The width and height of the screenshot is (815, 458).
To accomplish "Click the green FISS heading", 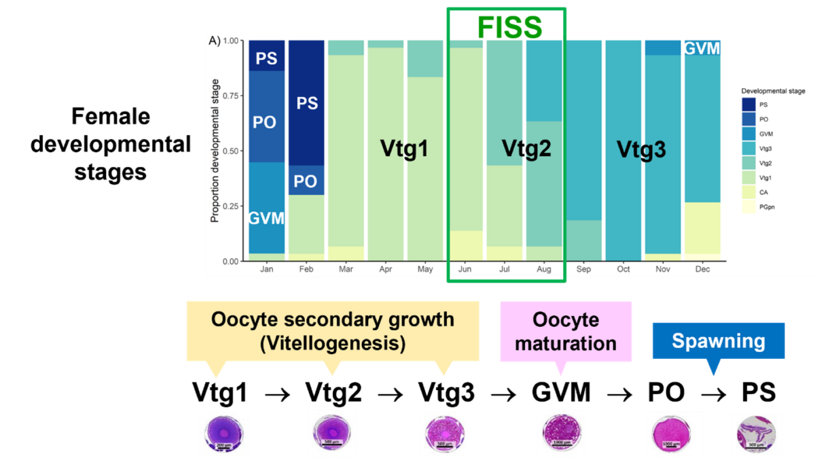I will point(509,26).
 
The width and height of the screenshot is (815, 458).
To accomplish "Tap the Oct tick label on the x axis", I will point(623,269).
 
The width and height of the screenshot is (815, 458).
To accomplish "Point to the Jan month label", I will point(266,269).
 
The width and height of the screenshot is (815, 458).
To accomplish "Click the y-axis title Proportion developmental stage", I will point(215,151).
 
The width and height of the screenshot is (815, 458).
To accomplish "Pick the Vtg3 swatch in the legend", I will point(749,148).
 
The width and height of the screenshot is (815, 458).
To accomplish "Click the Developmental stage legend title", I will point(773,91).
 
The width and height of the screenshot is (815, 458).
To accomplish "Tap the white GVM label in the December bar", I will point(702,49).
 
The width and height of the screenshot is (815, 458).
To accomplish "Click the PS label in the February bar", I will point(306,103).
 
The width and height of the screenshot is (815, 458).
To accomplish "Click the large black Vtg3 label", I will point(641,149).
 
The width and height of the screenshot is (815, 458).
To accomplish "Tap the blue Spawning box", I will point(718,341).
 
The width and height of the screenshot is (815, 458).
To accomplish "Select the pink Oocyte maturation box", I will point(566,331).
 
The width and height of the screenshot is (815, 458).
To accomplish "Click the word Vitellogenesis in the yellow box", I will point(332,343).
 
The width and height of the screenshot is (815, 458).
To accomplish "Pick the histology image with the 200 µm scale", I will point(223,433).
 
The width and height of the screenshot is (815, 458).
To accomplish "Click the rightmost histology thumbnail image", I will point(757,434).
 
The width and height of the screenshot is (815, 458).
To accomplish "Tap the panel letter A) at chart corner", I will point(215,41).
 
